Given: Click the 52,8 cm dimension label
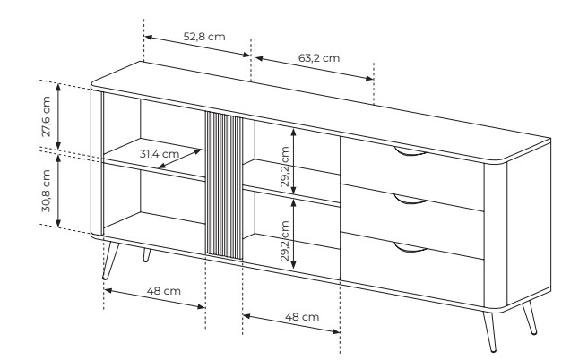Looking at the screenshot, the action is point(204,37).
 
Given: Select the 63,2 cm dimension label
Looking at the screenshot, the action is point(319,58).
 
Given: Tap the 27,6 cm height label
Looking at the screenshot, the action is point(46,116).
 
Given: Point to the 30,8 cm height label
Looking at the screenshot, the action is point(46,191).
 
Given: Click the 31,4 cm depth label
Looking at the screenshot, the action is point(160,153).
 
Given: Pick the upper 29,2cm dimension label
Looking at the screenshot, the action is point(285,167).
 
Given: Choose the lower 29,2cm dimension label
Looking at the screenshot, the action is point(285,241).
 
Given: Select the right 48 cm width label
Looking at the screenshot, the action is point(302,317).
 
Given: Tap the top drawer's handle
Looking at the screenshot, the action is point(410,153).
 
